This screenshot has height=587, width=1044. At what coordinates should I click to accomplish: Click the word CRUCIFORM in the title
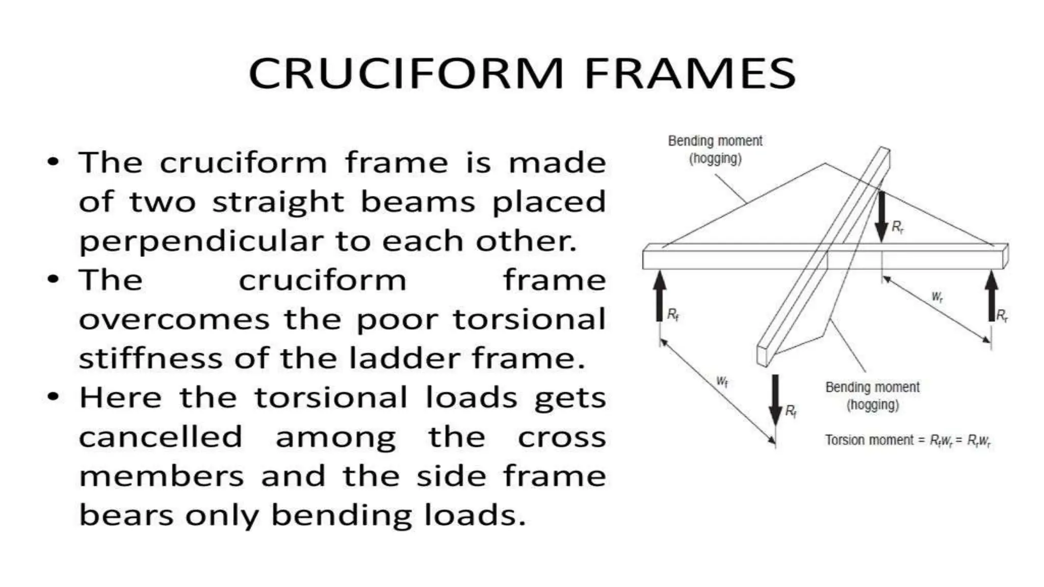pyautogui.click(x=406, y=74)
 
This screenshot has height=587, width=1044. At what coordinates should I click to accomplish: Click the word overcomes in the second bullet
pyautogui.click(x=174, y=320)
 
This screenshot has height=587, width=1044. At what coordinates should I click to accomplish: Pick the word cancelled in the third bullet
pyautogui.click(x=161, y=437)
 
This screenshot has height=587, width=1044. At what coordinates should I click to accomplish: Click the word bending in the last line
pyautogui.click(x=341, y=515)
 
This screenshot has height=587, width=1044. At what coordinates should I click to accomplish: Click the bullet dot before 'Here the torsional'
pyautogui.click(x=53, y=396)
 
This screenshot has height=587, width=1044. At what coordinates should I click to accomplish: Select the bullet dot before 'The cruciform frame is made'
pyautogui.click(x=53, y=162)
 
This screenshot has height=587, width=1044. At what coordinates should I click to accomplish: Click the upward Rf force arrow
pyautogui.click(x=660, y=296)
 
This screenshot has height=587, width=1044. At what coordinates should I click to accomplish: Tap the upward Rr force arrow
pyautogui.click(x=991, y=296)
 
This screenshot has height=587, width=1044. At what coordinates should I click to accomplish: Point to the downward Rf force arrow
pyautogui.click(x=775, y=399)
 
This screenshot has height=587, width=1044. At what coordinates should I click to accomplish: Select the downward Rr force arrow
pyautogui.click(x=881, y=217)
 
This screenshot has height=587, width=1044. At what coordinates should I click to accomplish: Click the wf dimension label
pyautogui.click(x=722, y=381)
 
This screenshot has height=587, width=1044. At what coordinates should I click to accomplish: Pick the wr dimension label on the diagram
pyautogui.click(x=937, y=297)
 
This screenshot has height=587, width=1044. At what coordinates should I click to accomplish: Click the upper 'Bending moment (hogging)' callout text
pyautogui.click(x=715, y=149)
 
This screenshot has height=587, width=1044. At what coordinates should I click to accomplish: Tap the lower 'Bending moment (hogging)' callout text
pyautogui.click(x=872, y=396)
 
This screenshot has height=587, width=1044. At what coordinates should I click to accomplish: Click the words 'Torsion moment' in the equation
pyautogui.click(x=869, y=440)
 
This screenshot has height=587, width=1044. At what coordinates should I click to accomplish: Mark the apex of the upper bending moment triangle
pyautogui.click(x=825, y=164)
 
